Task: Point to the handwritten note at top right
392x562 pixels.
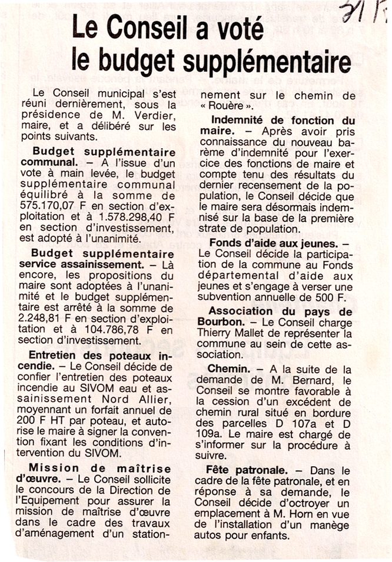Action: point(367,12)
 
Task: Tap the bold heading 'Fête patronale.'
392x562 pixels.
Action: point(247,470)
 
